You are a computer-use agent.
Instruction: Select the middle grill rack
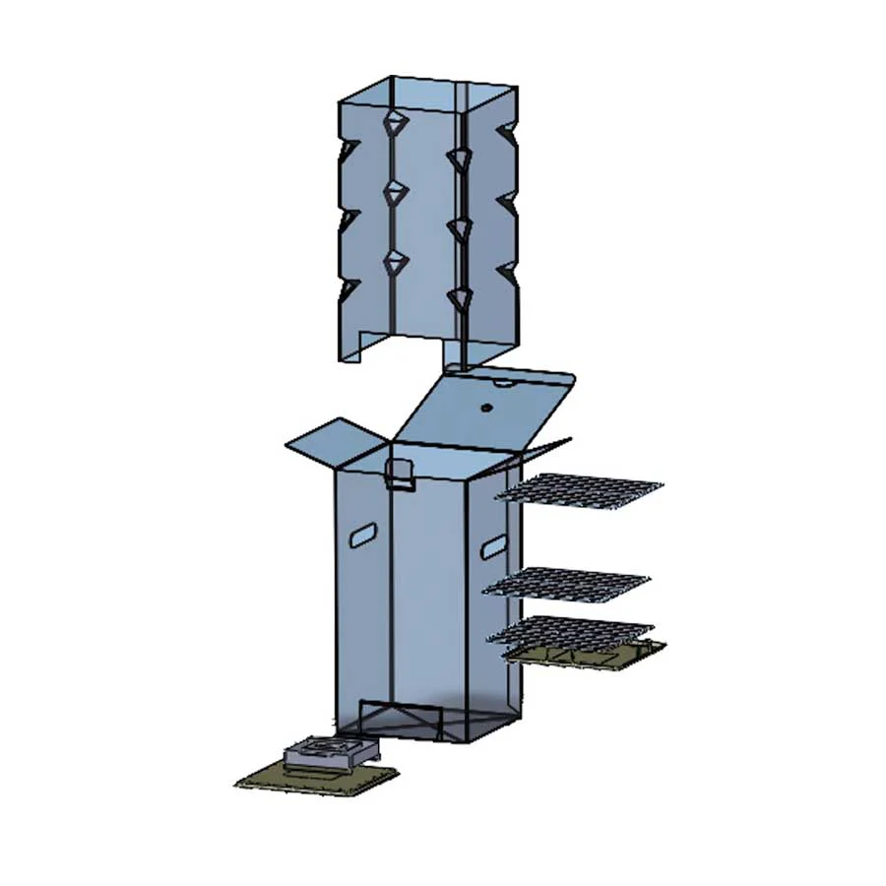(x=568, y=583)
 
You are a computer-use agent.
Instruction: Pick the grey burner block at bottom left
(x=330, y=753)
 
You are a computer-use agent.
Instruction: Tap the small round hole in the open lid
(x=484, y=407)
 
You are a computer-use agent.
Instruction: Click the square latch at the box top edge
(x=399, y=475)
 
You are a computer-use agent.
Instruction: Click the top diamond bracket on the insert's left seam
(x=394, y=123)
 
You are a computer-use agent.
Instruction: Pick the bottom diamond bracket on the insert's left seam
(x=394, y=261)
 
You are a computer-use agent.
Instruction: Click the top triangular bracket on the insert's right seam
(x=458, y=158)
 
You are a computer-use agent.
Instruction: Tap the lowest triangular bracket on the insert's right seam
(x=458, y=296)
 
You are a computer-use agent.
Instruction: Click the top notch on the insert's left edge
(x=347, y=152)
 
